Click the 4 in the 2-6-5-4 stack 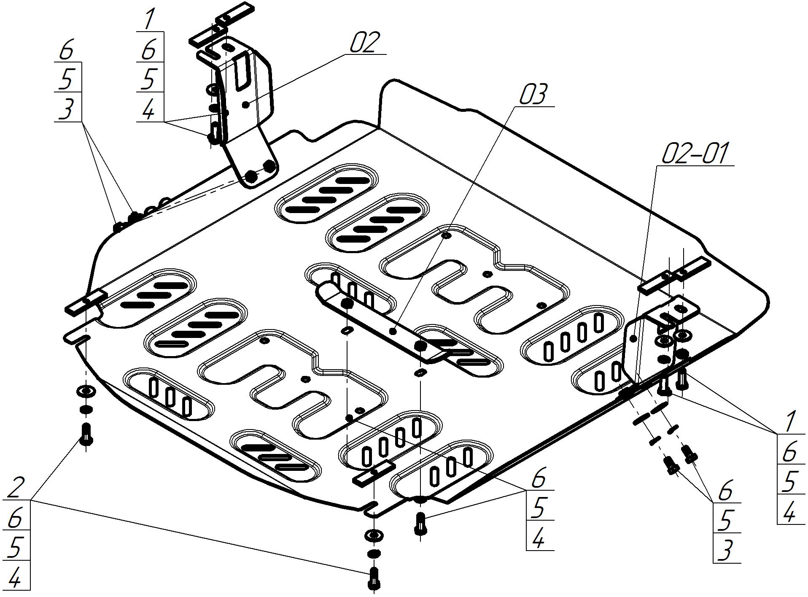tap(15, 576)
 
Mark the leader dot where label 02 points tap(247, 103)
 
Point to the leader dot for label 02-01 tap(633, 338)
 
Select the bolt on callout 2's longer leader tap(374, 578)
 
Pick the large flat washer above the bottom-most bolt tap(374, 535)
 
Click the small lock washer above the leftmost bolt tap(86, 410)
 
